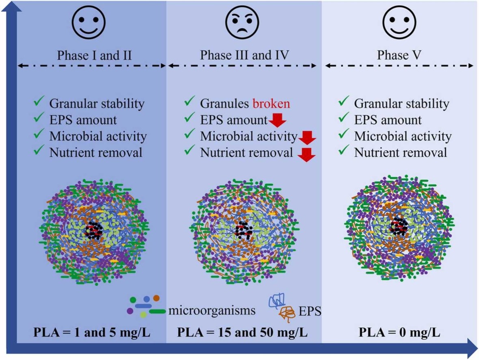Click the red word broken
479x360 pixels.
[272, 104]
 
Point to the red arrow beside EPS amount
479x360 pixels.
[277, 121]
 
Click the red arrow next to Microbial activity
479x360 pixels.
[307, 138]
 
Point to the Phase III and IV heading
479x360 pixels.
[244, 55]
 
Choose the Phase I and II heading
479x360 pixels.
[93, 55]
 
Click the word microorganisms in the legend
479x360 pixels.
[211, 311]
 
